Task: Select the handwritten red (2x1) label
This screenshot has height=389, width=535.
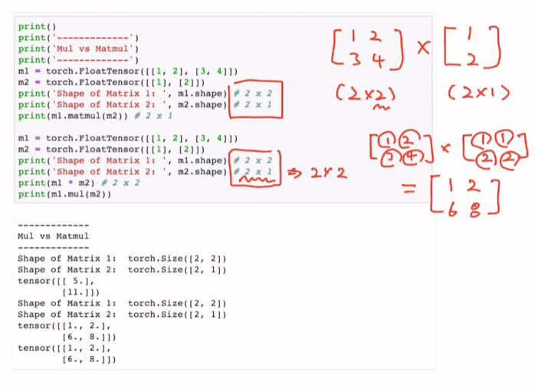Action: click(x=478, y=94)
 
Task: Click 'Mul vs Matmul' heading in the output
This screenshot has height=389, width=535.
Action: click(x=53, y=236)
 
